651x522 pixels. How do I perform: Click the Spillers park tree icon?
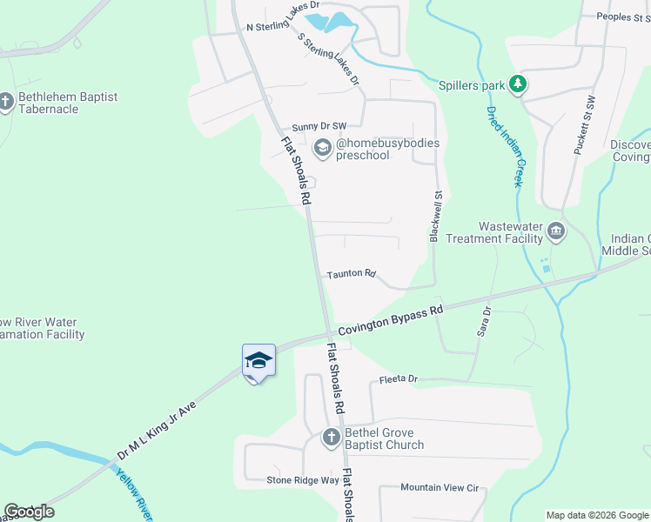coord(519,85)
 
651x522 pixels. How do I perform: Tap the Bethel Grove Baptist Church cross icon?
coord(331,438)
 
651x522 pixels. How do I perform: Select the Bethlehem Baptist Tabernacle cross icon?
coord(6,103)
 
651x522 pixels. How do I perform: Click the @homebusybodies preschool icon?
coord(323,149)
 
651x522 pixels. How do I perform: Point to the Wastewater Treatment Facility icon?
coord(556,231)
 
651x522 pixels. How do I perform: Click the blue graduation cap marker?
coord(258,360)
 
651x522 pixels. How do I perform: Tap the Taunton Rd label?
coord(351,274)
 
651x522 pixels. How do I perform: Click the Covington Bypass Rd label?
coord(391,319)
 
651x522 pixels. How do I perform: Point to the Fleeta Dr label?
coord(399,380)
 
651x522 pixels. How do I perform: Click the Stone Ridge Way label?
coord(303,480)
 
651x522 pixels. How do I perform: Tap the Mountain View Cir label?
coord(441,489)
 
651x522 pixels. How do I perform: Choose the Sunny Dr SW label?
coord(319,127)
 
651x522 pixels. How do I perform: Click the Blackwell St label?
coord(437,217)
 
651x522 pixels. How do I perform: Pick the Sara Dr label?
coord(484,321)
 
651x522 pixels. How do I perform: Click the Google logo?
coord(29,512)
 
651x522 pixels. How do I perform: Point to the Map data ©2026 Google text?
coord(596,515)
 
